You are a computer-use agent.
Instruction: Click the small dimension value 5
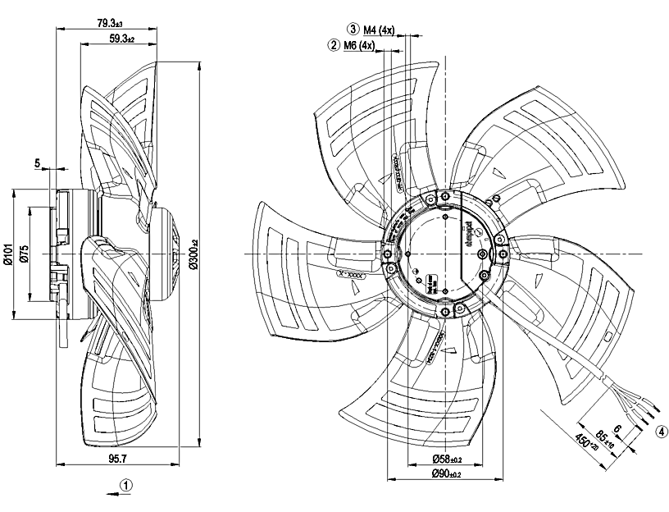pyautogui.click(x=38, y=163)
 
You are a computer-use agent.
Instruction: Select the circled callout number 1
pyautogui.click(x=125, y=485)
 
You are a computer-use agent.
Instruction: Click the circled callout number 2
pyautogui.click(x=334, y=46)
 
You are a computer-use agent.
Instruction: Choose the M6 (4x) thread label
pyautogui.click(x=359, y=46)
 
